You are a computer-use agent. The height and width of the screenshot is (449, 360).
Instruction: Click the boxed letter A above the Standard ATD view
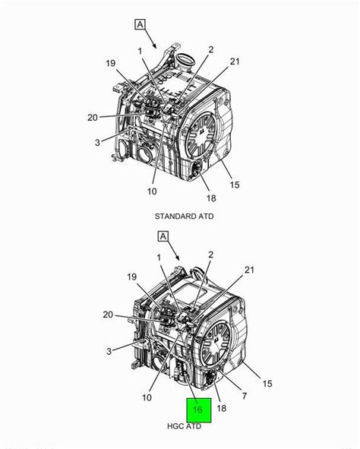(140, 24)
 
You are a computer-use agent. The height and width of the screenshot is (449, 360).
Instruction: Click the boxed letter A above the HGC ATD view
(163, 236)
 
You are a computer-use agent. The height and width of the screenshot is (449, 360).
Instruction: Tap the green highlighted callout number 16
(197, 409)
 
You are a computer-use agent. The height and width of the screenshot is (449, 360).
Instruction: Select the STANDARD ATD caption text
(184, 217)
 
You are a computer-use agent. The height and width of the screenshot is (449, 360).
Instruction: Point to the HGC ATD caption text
(184, 426)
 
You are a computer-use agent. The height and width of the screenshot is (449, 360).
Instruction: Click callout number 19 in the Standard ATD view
(111, 63)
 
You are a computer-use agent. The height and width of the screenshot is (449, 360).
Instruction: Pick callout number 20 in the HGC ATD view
(108, 315)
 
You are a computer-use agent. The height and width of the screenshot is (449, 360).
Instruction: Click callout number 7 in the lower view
(244, 396)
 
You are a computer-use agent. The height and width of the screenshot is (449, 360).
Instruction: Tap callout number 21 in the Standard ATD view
(235, 62)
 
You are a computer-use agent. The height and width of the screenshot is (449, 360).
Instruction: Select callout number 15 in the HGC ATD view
(267, 384)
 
